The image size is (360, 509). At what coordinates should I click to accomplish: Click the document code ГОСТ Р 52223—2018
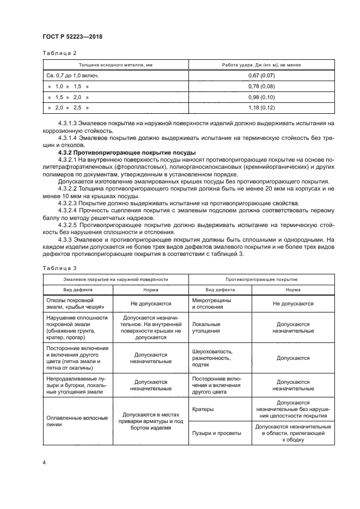(x=72, y=36)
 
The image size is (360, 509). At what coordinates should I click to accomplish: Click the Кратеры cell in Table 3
(x=203, y=409)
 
